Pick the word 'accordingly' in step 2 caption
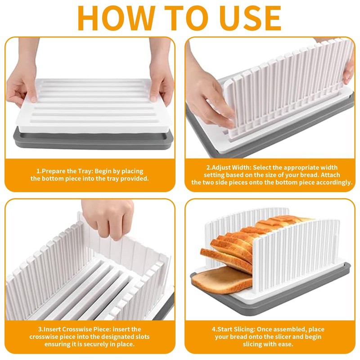[331, 182]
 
